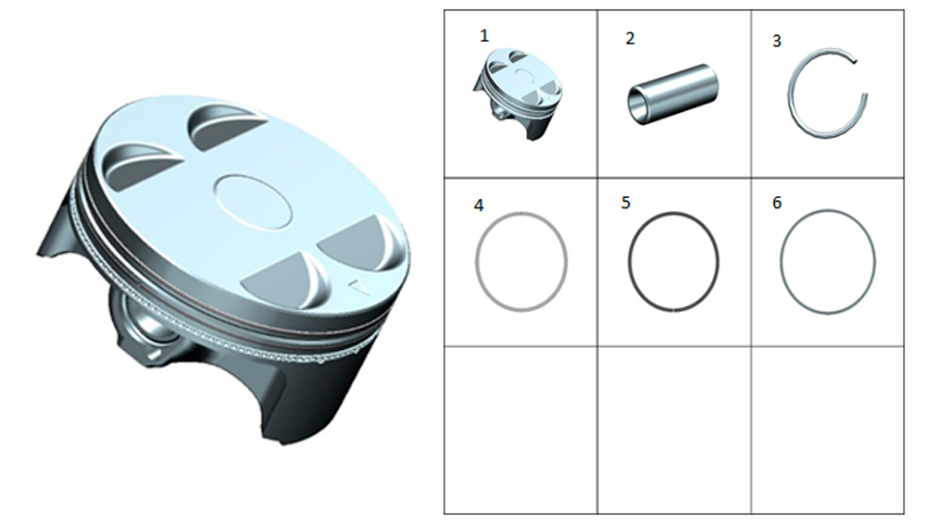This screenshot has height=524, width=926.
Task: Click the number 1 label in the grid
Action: point(484,36)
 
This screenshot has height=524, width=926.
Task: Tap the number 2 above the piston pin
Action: point(630,38)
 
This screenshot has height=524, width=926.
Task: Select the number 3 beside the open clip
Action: point(777,41)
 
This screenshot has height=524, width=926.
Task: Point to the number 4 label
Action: point(479,205)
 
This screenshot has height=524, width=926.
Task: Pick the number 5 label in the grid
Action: point(626,203)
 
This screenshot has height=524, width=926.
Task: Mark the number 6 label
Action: point(777,203)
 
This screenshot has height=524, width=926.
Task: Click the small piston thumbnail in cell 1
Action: point(518,94)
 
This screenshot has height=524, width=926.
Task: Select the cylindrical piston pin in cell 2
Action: point(672,94)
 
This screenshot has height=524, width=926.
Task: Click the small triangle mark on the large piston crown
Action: point(357,286)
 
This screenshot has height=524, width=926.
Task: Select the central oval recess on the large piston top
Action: point(253,201)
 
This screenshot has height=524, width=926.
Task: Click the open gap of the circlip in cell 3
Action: point(861,77)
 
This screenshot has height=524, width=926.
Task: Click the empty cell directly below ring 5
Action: point(674,430)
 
